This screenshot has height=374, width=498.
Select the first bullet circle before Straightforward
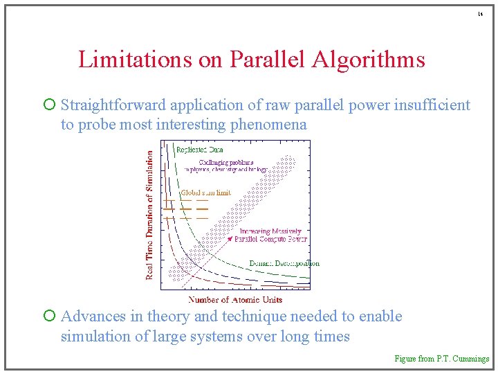click(48, 105)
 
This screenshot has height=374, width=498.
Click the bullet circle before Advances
click(48, 317)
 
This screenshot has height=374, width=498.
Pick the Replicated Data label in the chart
click(199, 149)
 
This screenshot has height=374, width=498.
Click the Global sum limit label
click(205, 193)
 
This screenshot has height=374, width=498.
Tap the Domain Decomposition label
click(284, 263)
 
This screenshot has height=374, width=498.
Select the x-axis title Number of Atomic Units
click(235, 300)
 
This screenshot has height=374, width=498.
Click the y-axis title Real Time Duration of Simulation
click(149, 216)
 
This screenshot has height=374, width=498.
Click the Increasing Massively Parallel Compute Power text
click(270, 235)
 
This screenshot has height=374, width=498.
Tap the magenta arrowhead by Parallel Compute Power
click(230, 239)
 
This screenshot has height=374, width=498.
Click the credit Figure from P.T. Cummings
click(441, 359)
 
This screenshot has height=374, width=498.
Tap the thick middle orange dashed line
click(185, 208)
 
